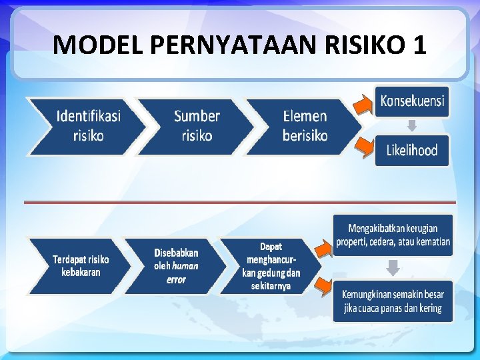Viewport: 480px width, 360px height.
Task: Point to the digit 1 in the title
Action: (x=419, y=45)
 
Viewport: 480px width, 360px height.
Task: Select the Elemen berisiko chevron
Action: (x=304, y=126)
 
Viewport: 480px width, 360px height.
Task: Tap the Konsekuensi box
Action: (x=412, y=101)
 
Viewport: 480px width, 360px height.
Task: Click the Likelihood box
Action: (x=412, y=150)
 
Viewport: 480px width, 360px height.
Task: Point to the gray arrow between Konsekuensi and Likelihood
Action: (x=412, y=125)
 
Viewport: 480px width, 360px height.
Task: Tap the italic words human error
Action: (x=176, y=273)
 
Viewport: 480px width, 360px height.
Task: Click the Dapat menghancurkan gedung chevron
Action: (x=271, y=266)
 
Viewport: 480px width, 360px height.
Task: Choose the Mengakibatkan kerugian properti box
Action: (x=393, y=235)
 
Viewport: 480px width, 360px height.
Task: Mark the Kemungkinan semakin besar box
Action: (x=393, y=301)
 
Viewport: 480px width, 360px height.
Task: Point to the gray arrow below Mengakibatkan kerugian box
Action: (x=393, y=267)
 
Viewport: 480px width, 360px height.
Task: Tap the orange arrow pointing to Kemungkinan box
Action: (x=325, y=287)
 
